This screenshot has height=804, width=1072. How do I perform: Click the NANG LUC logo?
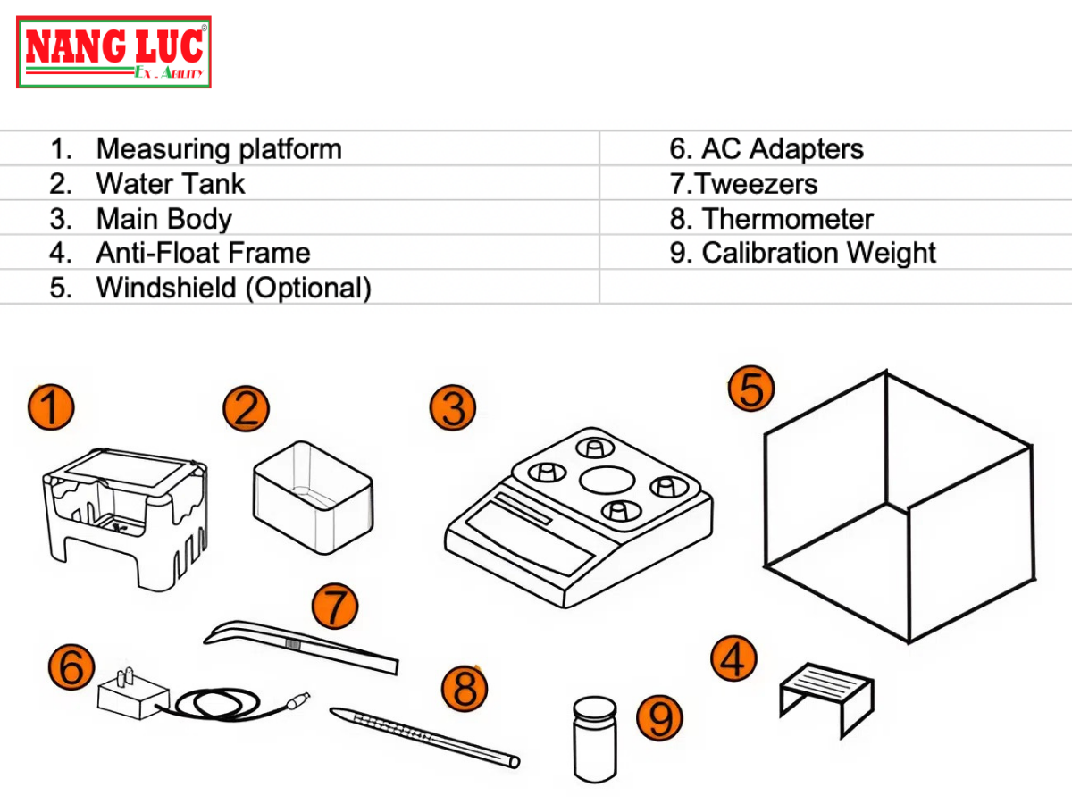tap(113, 52)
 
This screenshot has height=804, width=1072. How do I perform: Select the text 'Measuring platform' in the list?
tap(218, 148)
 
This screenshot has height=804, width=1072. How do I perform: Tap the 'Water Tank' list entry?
tap(170, 184)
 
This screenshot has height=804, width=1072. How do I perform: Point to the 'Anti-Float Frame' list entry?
tap(203, 253)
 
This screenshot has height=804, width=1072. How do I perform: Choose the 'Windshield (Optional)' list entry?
tap(232, 288)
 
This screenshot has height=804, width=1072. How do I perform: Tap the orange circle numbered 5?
tap(751, 389)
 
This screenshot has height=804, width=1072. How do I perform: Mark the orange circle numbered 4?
tap(733, 661)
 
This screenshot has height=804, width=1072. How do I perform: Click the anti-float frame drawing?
tap(825, 693)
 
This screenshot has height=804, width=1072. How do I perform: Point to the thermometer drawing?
tap(424, 736)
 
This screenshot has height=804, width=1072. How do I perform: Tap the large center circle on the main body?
tap(607, 480)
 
